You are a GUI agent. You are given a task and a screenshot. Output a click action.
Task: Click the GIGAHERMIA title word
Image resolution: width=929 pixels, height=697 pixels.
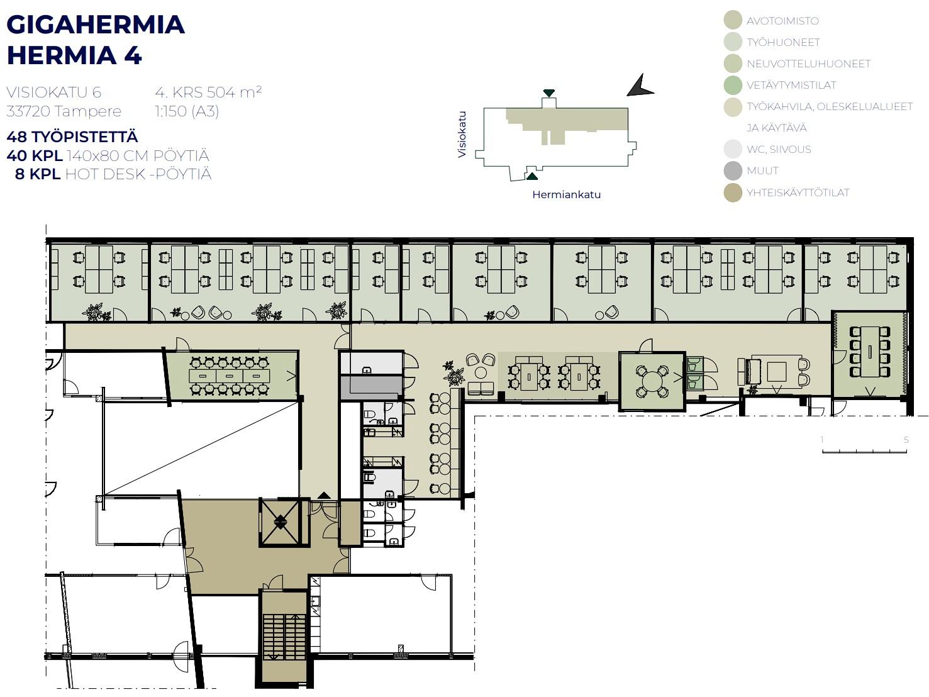point(96,25)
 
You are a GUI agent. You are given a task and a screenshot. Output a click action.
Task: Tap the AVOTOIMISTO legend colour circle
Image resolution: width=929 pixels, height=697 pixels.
point(733,20)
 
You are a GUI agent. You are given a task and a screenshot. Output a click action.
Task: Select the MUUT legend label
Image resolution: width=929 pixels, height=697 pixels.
point(762,171)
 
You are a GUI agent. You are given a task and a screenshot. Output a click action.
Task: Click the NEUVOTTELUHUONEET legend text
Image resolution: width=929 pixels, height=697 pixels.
point(808,64)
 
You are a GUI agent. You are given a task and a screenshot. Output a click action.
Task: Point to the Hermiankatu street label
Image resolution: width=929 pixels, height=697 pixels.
point(566,194)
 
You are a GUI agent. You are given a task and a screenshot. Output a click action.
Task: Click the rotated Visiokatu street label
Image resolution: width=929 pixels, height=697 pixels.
point(462,135)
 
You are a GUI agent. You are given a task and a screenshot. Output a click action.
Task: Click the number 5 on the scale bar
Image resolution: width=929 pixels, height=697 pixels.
point(906,440)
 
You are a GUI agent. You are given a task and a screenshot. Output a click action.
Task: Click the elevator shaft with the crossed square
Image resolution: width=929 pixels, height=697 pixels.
point(280,522)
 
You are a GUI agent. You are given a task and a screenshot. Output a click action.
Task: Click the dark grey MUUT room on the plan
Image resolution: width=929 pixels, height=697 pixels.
point(372,388)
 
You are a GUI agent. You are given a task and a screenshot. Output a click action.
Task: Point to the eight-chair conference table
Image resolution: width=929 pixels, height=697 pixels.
point(869,352)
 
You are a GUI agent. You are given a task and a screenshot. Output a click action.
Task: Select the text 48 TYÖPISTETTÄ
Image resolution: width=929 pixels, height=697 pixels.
point(72,137)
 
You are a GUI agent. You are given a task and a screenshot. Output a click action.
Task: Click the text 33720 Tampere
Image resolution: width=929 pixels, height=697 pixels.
point(64,111)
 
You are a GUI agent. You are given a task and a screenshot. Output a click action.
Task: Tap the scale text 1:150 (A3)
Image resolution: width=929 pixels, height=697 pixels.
point(187,111)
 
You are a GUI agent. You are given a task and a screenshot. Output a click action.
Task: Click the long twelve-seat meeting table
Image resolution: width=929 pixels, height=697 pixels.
point(229,376)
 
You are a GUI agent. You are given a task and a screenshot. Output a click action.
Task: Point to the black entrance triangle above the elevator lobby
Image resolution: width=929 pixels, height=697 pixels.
point(324,495)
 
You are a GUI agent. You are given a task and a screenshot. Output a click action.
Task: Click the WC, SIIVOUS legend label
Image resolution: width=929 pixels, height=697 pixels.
point(779,149)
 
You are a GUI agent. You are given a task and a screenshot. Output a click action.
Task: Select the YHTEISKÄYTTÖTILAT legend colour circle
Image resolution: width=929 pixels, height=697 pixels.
point(733,192)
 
